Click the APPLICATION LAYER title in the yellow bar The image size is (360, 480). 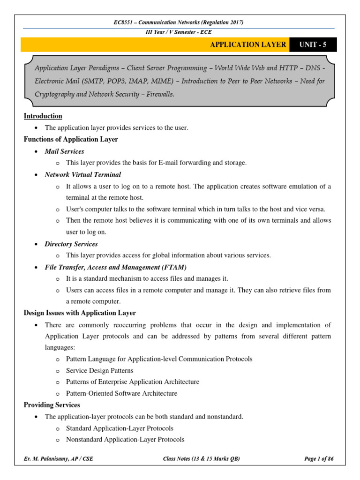point(248,45)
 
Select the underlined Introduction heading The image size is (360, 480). point(43,116)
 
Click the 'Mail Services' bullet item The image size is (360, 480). point(65,151)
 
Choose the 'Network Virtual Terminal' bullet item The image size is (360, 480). point(82,174)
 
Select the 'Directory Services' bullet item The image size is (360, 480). point(71,244)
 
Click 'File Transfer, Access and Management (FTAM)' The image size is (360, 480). point(115,267)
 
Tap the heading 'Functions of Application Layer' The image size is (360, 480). point(71,139)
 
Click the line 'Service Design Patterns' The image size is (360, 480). point(100,370)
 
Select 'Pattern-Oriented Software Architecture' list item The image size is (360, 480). point(121,393)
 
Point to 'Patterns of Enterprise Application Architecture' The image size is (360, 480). point(133,382)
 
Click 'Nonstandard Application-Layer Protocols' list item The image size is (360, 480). point(125,439)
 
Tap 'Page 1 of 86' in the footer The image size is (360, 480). point(319,459)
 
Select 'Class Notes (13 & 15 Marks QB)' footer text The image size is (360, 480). point(201,459)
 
